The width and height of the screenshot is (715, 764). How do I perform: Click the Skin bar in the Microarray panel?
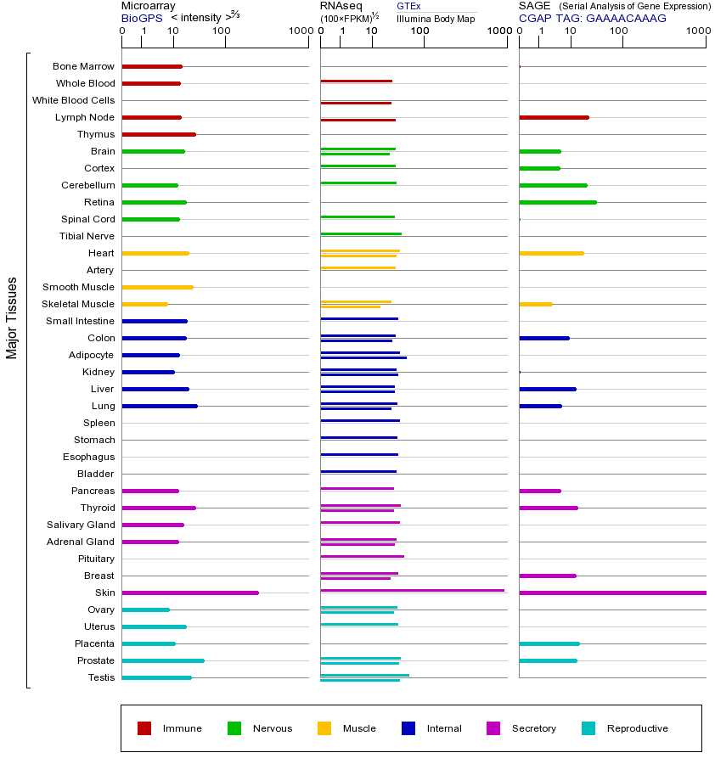pyautogui.click(x=190, y=593)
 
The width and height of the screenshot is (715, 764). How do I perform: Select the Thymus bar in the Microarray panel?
pyautogui.click(x=159, y=134)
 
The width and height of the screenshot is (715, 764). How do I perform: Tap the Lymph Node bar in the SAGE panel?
pyautogui.click(x=554, y=117)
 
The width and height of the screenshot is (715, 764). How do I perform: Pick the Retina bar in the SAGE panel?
pyautogui.click(x=558, y=202)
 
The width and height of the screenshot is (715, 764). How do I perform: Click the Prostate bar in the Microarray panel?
pyautogui.click(x=163, y=660)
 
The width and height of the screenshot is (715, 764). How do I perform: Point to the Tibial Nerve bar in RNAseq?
pyautogui.click(x=361, y=233)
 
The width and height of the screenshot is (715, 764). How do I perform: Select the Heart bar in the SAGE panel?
pyautogui.click(x=551, y=253)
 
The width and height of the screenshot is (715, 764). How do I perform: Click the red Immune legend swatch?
pyautogui.click(x=144, y=728)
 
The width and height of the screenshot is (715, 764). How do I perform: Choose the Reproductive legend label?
pyautogui.click(x=637, y=728)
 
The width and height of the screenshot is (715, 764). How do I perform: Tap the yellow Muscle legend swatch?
pyautogui.click(x=324, y=728)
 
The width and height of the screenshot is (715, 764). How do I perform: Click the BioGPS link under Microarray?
pyautogui.click(x=140, y=18)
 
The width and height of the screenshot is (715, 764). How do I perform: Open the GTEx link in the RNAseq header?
pyautogui.click(x=408, y=6)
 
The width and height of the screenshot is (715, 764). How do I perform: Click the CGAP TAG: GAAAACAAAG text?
pyautogui.click(x=592, y=18)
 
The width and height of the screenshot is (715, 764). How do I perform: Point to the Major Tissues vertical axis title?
pyautogui.click(x=12, y=317)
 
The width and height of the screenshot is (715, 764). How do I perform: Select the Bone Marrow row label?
pyautogui.click(x=83, y=66)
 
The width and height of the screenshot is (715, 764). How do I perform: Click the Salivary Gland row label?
pyautogui.click(x=81, y=525)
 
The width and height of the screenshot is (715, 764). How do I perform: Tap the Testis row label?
pyautogui.click(x=101, y=677)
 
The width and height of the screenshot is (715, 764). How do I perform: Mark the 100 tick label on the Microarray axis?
pyautogui.click(x=221, y=31)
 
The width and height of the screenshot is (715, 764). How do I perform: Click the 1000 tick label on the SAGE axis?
pyautogui.click(x=698, y=31)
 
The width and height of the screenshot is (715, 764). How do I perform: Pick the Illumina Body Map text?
pyautogui.click(x=436, y=18)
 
